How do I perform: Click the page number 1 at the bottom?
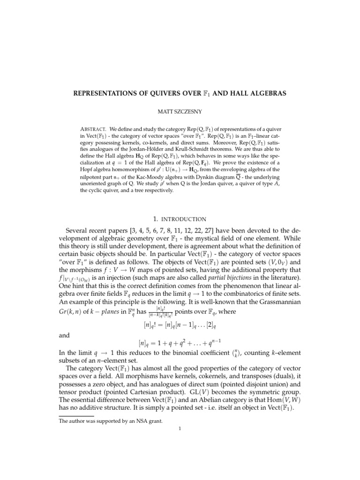pyautogui.click(x=180, y=434)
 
